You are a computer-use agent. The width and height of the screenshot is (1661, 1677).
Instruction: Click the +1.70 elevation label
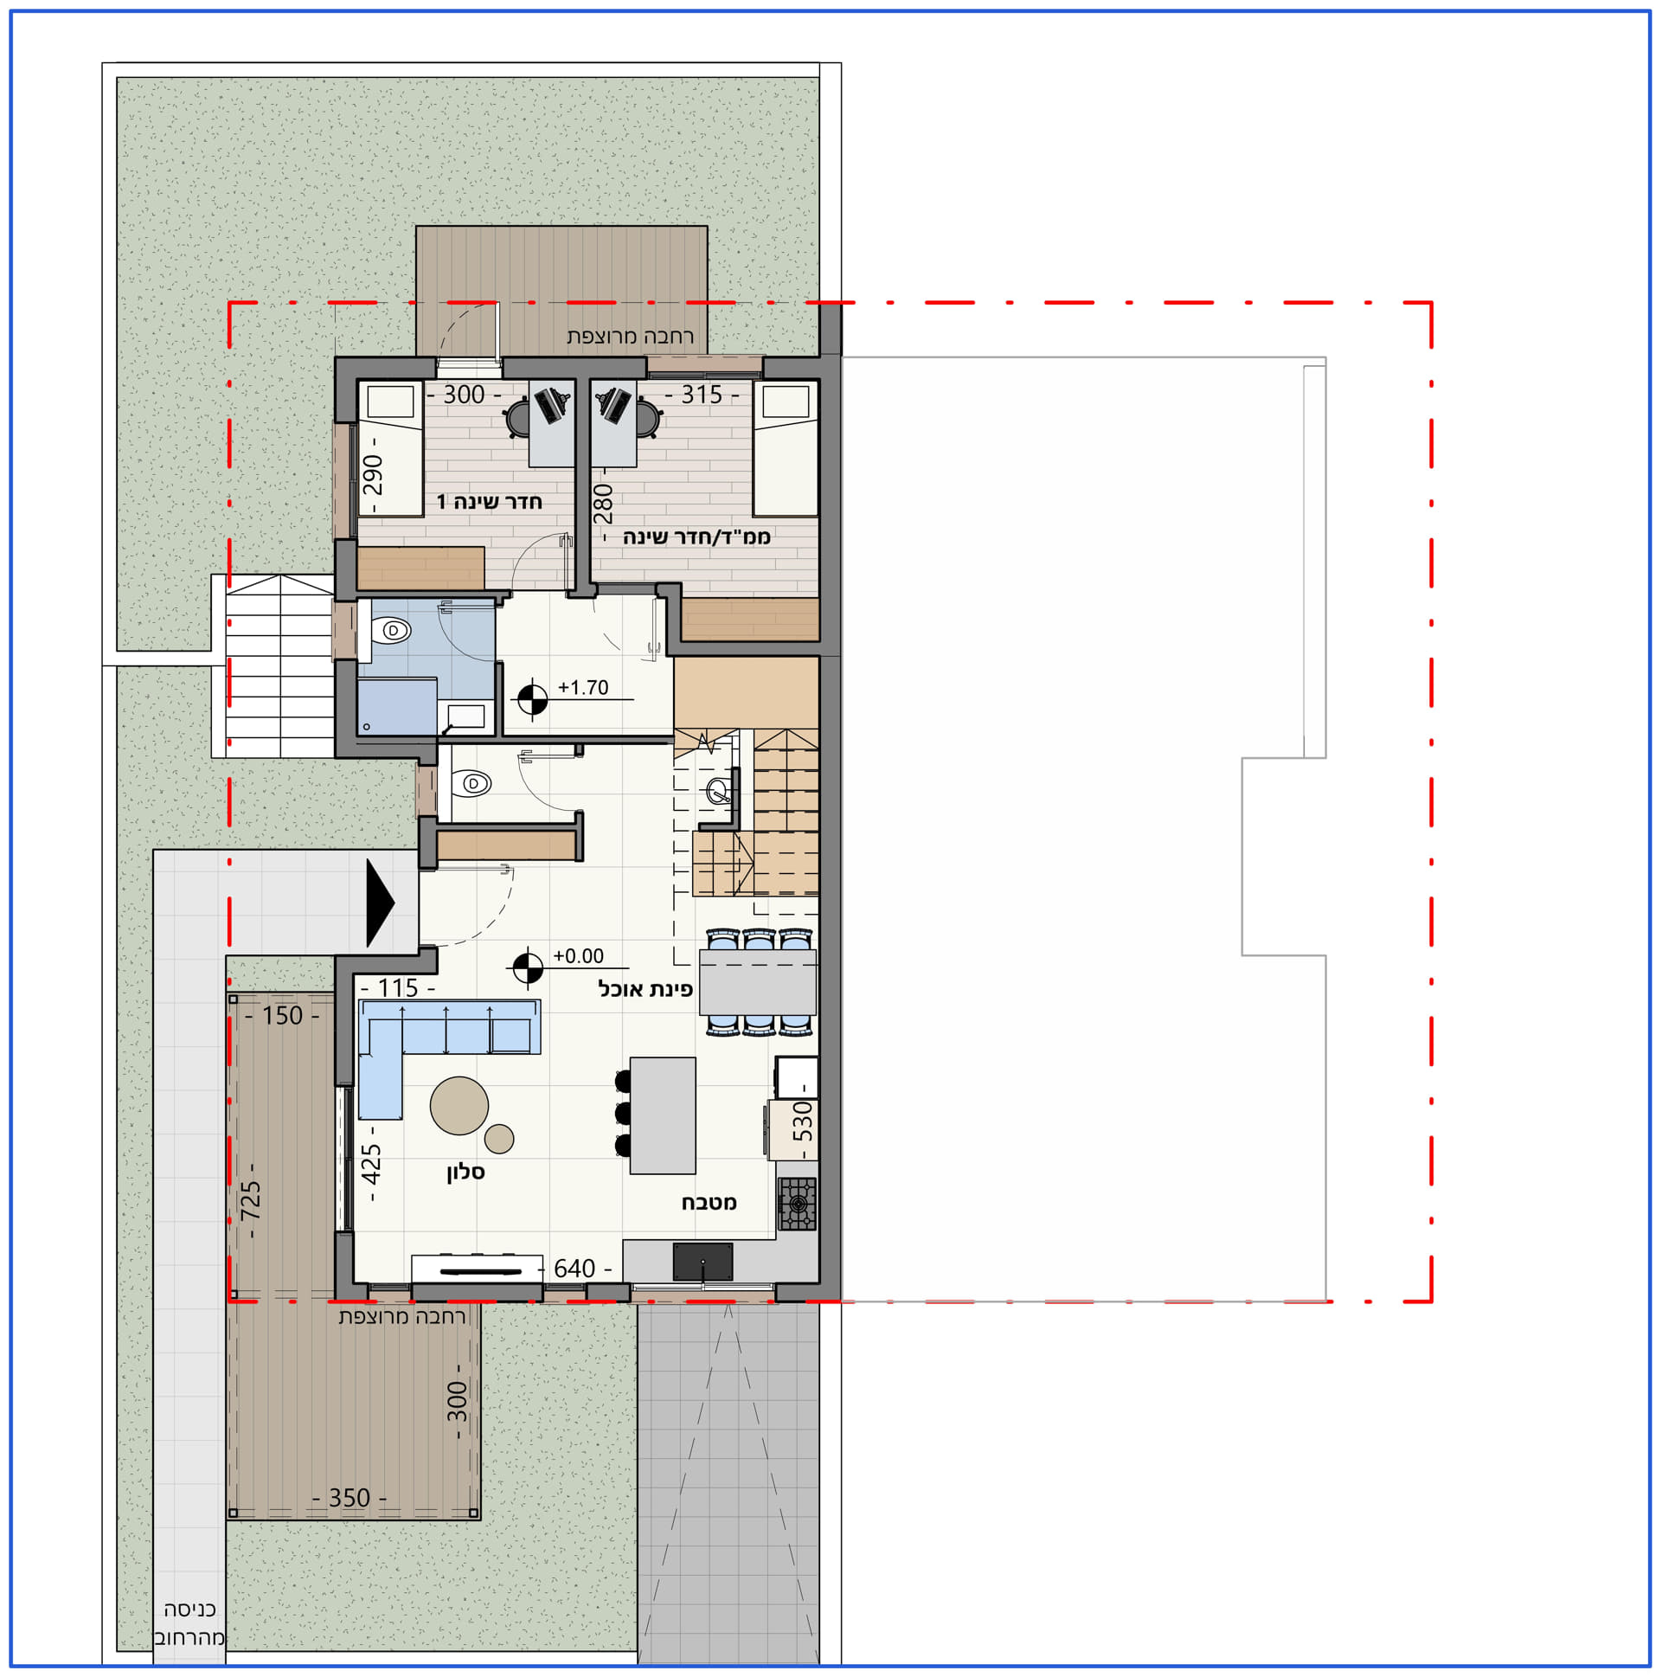(x=583, y=687)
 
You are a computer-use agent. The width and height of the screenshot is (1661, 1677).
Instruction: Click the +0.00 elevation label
(x=579, y=955)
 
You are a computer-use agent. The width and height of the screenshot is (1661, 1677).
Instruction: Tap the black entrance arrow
(x=380, y=903)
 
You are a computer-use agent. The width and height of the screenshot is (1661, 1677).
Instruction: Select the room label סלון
(x=465, y=1172)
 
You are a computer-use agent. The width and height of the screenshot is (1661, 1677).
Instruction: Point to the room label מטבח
(x=709, y=1202)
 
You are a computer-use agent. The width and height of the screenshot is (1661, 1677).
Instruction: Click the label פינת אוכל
(x=645, y=989)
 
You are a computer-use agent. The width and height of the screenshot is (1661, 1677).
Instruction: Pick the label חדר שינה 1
(x=490, y=502)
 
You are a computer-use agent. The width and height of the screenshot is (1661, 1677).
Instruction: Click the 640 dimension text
(x=574, y=1269)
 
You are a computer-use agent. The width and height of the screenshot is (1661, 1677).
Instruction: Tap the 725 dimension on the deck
(x=250, y=1199)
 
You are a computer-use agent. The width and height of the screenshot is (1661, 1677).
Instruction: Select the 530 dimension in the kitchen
(x=804, y=1121)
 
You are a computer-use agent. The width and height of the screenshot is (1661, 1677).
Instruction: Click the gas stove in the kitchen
(x=797, y=1203)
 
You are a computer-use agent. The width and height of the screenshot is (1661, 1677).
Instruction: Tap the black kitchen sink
(x=703, y=1262)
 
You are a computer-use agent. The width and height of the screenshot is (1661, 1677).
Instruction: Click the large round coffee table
(x=459, y=1106)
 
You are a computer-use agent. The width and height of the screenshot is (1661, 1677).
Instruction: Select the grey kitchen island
(x=662, y=1115)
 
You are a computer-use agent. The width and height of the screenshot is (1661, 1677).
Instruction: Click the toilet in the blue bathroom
(x=390, y=629)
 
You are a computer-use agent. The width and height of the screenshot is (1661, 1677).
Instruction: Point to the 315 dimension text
(x=702, y=395)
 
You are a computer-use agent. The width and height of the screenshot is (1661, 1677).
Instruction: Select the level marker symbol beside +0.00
(x=528, y=968)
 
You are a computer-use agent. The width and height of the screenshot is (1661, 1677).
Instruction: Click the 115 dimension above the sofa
(x=398, y=988)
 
